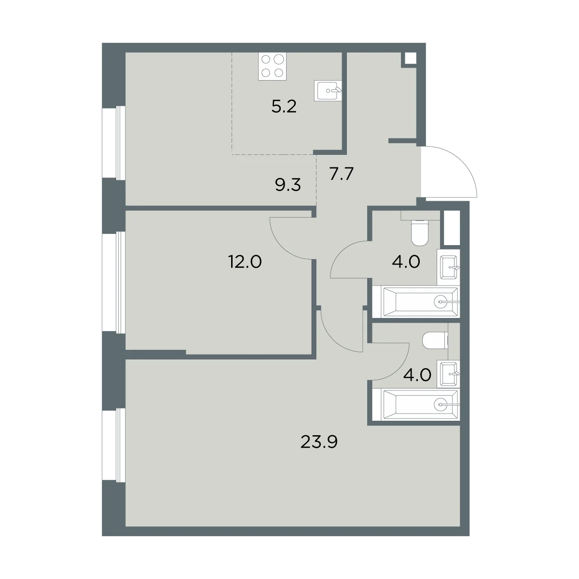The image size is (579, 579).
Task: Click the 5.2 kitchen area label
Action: (284, 107)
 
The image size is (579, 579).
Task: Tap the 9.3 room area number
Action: (288, 185)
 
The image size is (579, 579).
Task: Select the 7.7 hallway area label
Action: (341, 174)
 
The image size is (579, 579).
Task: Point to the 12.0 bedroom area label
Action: (245, 262)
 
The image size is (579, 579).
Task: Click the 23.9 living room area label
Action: (319, 441)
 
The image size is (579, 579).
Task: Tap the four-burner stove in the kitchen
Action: (272, 67)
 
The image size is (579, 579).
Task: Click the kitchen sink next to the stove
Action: (328, 90)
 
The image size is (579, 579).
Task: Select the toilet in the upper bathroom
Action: (420, 233)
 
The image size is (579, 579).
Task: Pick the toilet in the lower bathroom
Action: (435, 341)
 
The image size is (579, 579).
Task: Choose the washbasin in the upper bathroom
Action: (449, 267)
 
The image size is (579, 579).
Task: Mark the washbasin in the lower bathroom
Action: (449, 374)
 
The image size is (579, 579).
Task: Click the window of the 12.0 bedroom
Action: (113, 282)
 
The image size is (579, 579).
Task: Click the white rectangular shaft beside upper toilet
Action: (452, 228)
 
